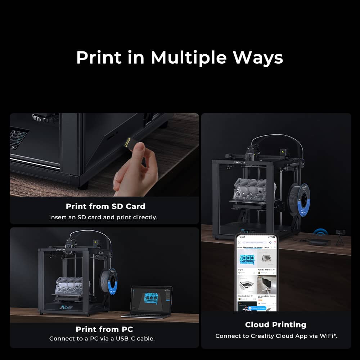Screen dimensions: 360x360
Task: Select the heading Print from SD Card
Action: point(105,206)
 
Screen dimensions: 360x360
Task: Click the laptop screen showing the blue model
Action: point(152,300)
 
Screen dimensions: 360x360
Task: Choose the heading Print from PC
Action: point(104,329)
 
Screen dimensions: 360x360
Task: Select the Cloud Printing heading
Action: point(276,324)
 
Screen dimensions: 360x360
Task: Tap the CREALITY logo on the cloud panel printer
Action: point(239,162)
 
